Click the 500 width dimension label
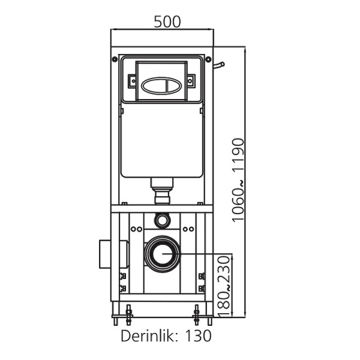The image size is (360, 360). [167, 22]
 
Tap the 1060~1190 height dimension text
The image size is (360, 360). [239, 179]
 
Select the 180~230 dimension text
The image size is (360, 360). [223, 286]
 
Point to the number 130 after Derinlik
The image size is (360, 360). [199, 335]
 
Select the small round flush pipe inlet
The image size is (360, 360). [161, 220]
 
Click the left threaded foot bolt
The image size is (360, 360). [128, 313]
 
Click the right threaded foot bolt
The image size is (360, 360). [196, 313]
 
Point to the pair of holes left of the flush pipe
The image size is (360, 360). [137, 229]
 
